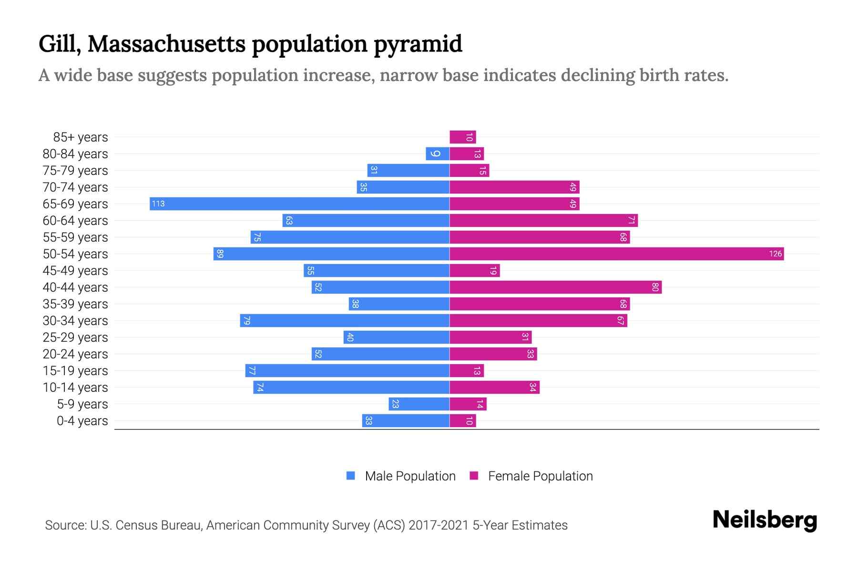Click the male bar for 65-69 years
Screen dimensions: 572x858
(299, 204)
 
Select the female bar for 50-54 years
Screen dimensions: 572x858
(616, 254)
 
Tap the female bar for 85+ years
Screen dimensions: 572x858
(462, 137)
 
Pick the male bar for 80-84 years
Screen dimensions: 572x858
(438, 153)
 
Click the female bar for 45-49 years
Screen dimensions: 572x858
(474, 270)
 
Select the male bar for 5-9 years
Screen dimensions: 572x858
(419, 404)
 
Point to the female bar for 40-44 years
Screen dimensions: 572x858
(555, 287)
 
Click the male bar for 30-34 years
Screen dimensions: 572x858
(345, 320)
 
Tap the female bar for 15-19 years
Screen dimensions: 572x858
(467, 370)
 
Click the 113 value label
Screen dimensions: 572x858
(158, 204)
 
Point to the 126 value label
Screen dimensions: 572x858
(775, 254)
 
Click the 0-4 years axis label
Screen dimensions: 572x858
(82, 421)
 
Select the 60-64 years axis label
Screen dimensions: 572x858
(75, 221)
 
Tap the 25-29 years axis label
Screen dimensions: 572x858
(75, 337)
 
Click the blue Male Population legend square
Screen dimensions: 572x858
(351, 476)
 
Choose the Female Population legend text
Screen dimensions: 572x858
(540, 476)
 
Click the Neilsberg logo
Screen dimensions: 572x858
(765, 520)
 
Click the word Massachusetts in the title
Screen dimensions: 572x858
(166, 44)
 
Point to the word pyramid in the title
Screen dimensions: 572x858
(418, 44)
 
